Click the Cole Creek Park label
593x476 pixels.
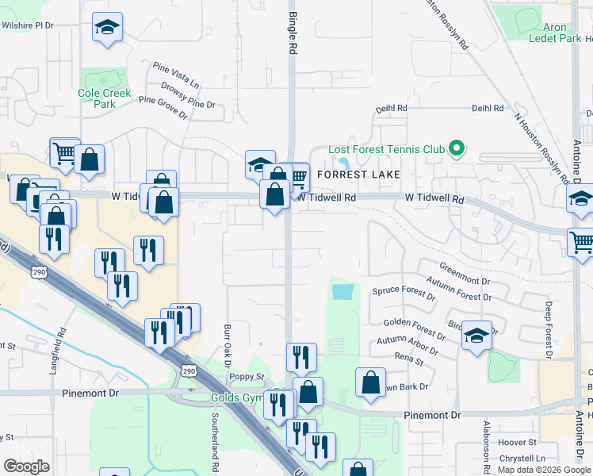(104, 98)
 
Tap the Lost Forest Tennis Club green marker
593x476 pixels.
(456, 148)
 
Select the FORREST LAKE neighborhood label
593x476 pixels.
(356, 174)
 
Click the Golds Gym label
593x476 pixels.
(235, 397)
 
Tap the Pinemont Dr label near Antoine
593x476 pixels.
(432, 415)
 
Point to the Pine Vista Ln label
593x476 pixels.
(176, 71)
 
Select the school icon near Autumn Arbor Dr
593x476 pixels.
(476, 335)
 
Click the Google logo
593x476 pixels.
(26, 466)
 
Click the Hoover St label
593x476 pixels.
(517, 441)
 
